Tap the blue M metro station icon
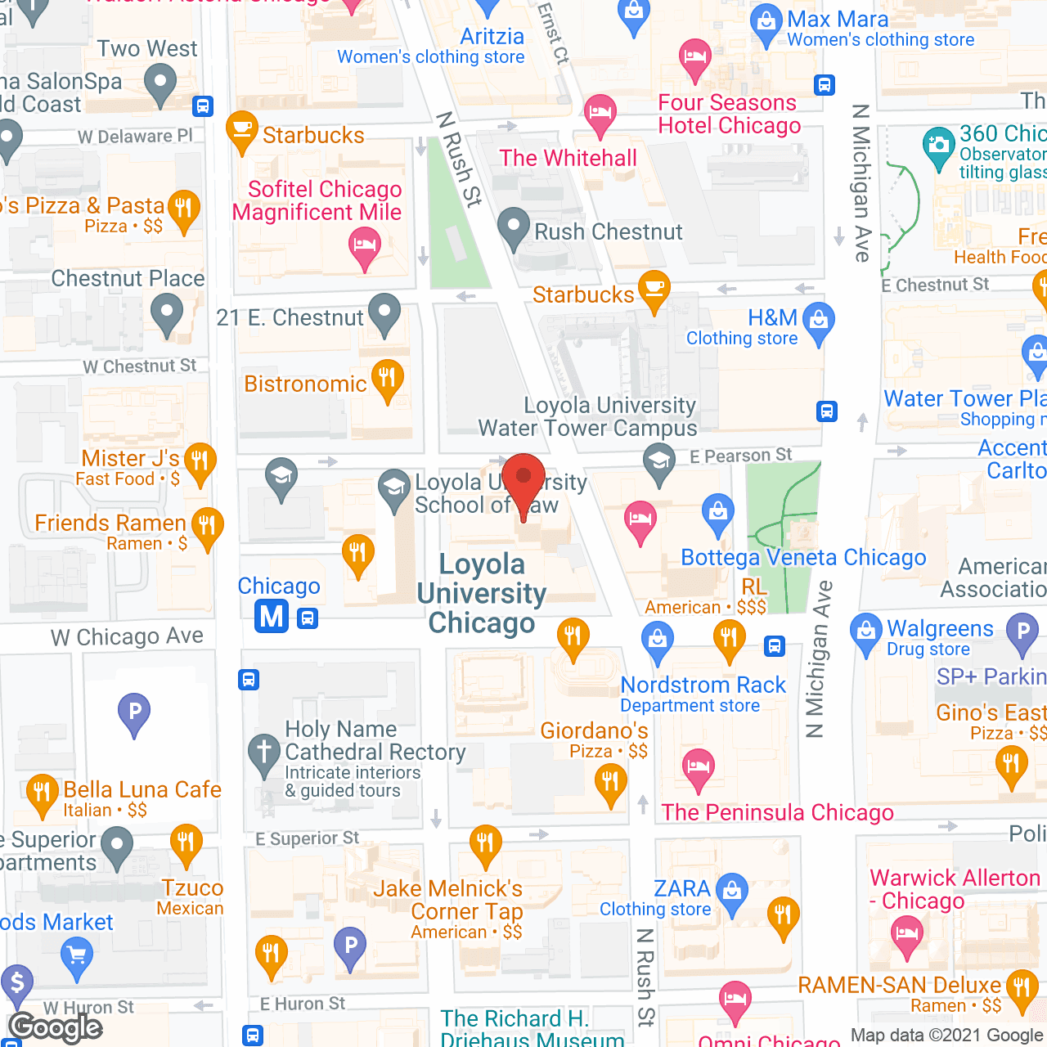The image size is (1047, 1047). coord(272,615)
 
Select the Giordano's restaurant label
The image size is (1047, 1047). coord(594,730)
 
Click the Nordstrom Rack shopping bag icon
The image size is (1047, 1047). coord(658,640)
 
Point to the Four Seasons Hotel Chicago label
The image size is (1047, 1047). coord(729,114)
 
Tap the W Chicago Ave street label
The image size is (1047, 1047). coord(127,636)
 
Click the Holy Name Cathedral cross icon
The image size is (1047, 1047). coord(264,752)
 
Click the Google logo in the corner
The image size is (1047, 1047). coord(56,1027)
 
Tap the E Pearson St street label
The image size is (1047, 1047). coord(740,456)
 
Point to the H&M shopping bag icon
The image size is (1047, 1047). coord(818,320)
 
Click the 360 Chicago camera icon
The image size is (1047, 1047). coord(938,146)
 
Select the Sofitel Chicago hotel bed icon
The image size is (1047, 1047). coord(364,245)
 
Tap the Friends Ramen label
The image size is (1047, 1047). coord(110,523)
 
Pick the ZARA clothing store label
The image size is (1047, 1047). coord(682,888)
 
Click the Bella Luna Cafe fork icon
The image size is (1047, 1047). coord(42,793)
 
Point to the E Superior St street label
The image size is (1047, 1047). coord(307,838)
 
